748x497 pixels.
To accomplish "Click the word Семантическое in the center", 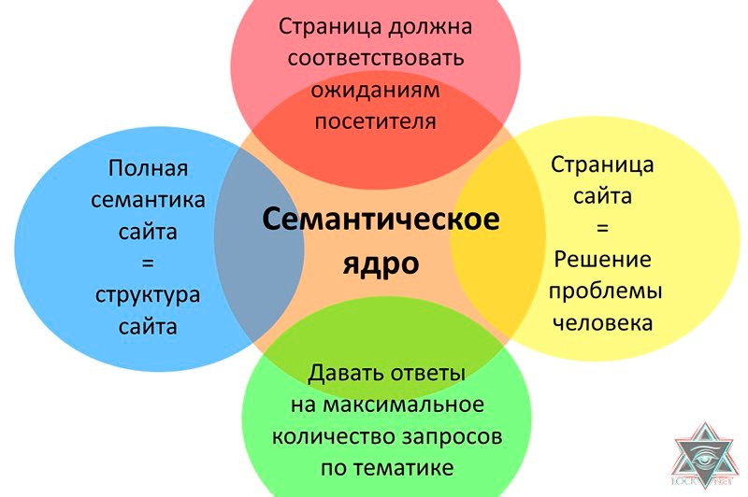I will (380, 221).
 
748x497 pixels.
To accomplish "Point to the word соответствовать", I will (376, 57).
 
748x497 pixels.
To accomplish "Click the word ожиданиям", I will (376, 90).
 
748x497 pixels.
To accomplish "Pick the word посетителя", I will (376, 121).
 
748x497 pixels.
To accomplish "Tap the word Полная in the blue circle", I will (149, 169).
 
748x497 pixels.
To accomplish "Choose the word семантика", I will (149, 200).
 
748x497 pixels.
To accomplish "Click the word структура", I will (149, 295).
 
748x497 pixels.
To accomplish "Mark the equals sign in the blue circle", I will (149, 263).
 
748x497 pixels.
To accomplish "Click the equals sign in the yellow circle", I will (602, 228).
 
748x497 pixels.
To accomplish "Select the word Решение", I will (602, 259).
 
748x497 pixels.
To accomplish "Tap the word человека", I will (602, 323).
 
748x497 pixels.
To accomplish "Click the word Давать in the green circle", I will (343, 374).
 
